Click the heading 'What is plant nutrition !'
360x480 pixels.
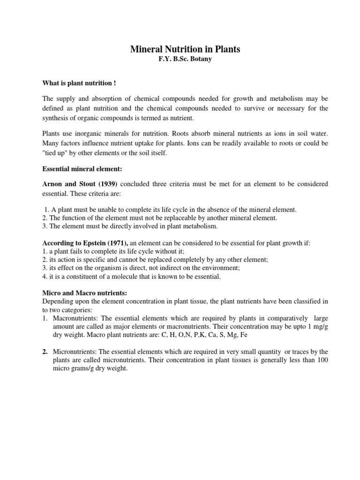(x=79, y=83)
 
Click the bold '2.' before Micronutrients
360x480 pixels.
(x=45, y=352)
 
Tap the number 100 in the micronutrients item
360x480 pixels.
(x=322, y=360)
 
